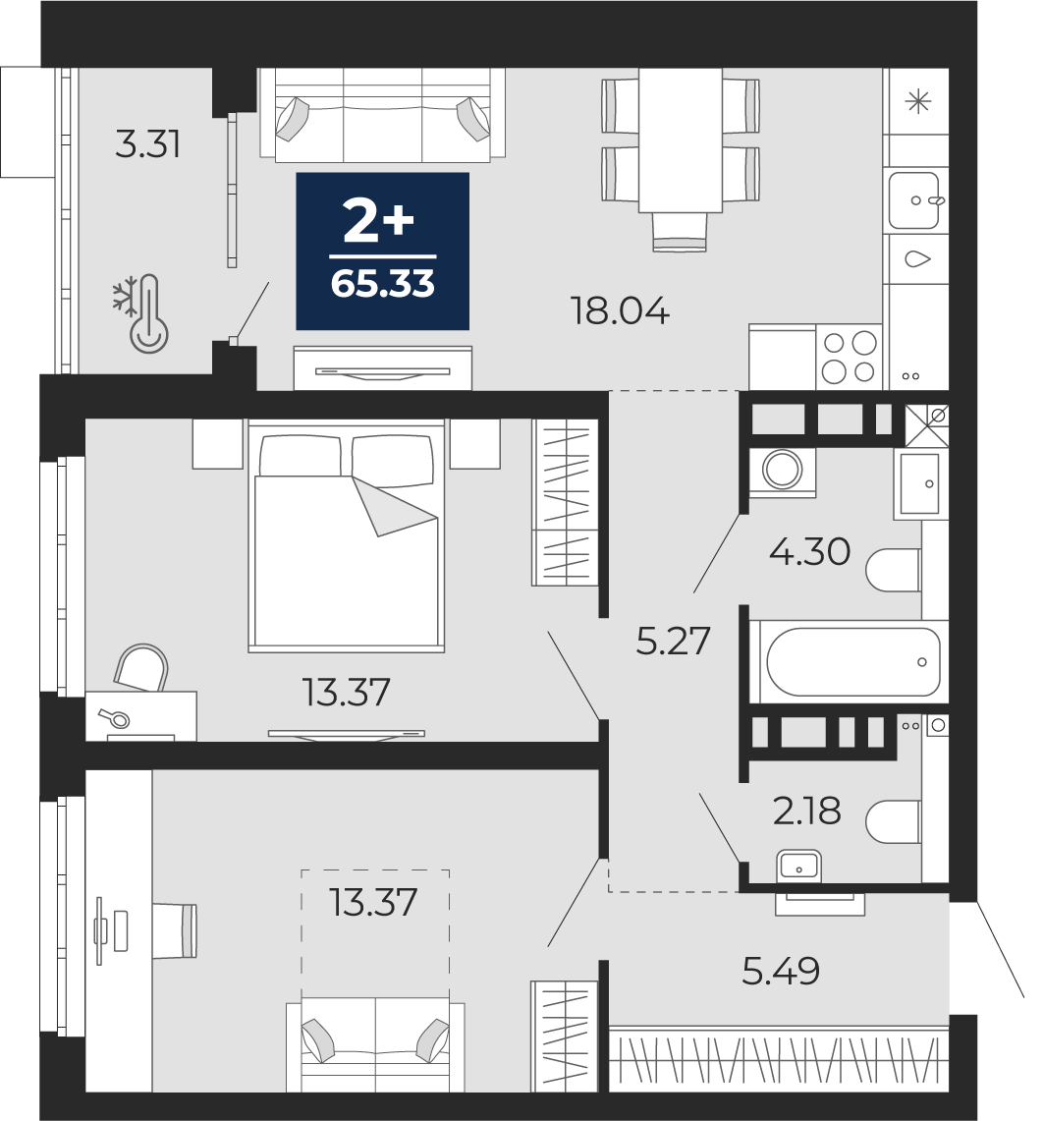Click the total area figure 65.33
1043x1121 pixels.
click(x=382, y=284)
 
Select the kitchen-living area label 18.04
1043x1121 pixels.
click(x=620, y=311)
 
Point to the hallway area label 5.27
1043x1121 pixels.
click(x=673, y=641)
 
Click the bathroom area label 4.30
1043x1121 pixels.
click(x=810, y=551)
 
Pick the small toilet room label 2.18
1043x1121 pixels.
click(x=807, y=811)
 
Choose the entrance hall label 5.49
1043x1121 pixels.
click(x=781, y=971)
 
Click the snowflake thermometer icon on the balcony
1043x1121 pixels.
click(x=140, y=313)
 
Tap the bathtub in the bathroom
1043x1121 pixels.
click(x=852, y=662)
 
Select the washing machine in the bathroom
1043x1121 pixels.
click(x=782, y=470)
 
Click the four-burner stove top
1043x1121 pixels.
click(x=850, y=357)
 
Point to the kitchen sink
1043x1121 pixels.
click(x=914, y=200)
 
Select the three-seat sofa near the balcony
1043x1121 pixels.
click(x=382, y=115)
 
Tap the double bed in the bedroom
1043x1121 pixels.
click(x=346, y=536)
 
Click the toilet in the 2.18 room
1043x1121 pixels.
click(x=893, y=821)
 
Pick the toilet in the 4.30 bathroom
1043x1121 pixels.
click(x=893, y=570)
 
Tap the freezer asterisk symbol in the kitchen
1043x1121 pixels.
click(x=918, y=102)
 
